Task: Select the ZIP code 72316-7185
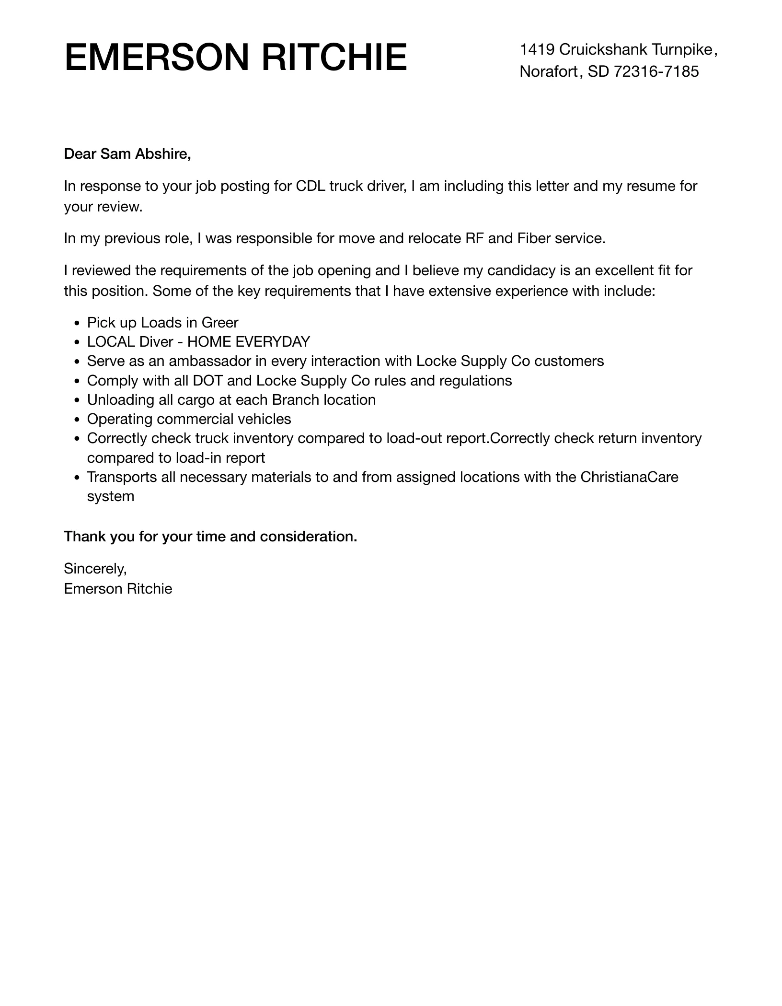(656, 71)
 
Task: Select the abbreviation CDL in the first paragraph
(310, 186)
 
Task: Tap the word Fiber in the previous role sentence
(534, 238)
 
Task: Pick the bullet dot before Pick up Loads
(77, 323)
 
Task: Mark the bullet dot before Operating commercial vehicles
(77, 420)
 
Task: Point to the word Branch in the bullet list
(296, 400)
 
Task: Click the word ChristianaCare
(629, 477)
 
